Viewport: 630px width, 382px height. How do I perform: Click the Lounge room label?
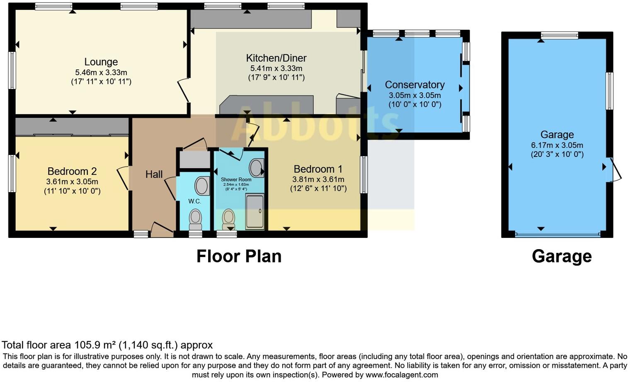(101, 62)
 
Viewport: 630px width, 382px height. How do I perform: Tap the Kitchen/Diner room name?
(276, 58)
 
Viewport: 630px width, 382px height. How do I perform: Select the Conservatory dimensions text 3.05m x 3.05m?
(414, 95)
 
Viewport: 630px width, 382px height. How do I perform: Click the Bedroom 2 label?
(72, 171)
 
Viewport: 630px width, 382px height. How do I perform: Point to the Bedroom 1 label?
(318, 169)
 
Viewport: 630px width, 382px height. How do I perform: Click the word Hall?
(154, 174)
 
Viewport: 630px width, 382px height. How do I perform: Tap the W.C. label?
(194, 201)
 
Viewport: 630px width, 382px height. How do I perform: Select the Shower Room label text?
(236, 180)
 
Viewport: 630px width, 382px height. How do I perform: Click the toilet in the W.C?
(195, 219)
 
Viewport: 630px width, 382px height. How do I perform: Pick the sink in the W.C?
(202, 186)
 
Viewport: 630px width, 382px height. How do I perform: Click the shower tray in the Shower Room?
(254, 212)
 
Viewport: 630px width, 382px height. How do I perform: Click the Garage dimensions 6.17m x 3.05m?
(557, 145)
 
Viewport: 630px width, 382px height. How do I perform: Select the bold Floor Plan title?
(239, 256)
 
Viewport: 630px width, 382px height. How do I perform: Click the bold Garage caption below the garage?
(562, 256)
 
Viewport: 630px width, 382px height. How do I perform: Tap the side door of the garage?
(614, 170)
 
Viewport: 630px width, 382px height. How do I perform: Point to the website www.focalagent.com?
(401, 375)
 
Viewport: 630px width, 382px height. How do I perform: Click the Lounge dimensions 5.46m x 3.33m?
(101, 72)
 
